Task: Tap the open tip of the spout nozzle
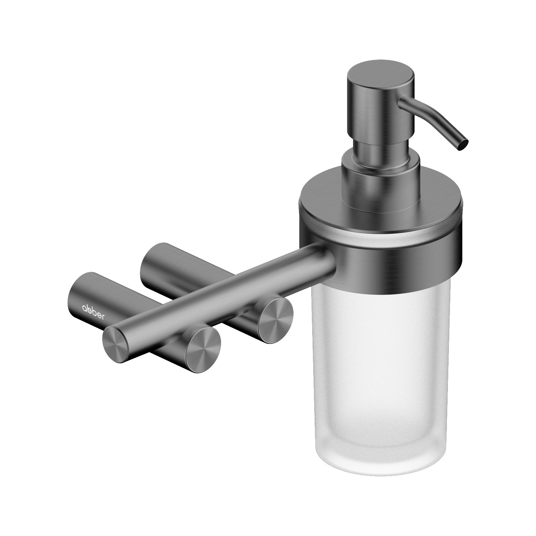(463, 145)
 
